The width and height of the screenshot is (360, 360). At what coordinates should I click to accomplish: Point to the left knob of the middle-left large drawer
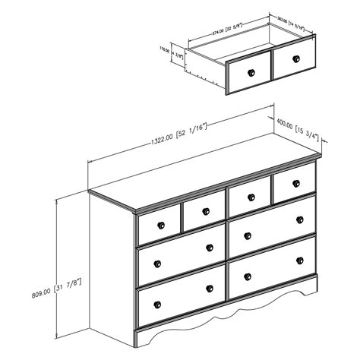(158, 262)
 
